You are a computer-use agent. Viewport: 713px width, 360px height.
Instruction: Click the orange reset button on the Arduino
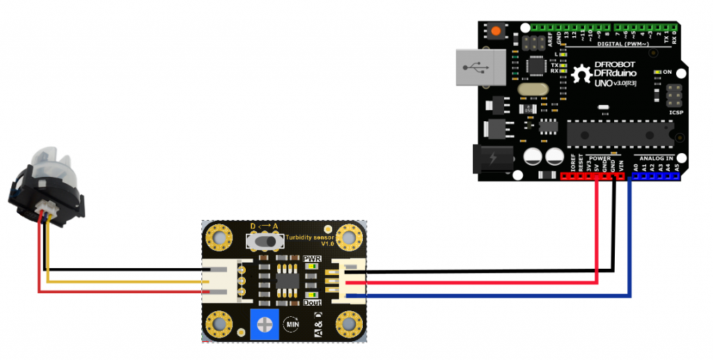496,31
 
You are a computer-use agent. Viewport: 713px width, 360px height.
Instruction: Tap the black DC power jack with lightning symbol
492,159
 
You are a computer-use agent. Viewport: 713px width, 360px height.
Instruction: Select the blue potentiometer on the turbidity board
263,324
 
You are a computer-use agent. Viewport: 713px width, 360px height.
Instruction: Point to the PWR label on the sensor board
311,258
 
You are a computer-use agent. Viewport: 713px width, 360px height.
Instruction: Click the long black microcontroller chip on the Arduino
620,132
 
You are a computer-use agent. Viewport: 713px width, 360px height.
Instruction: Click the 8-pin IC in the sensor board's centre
285,281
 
